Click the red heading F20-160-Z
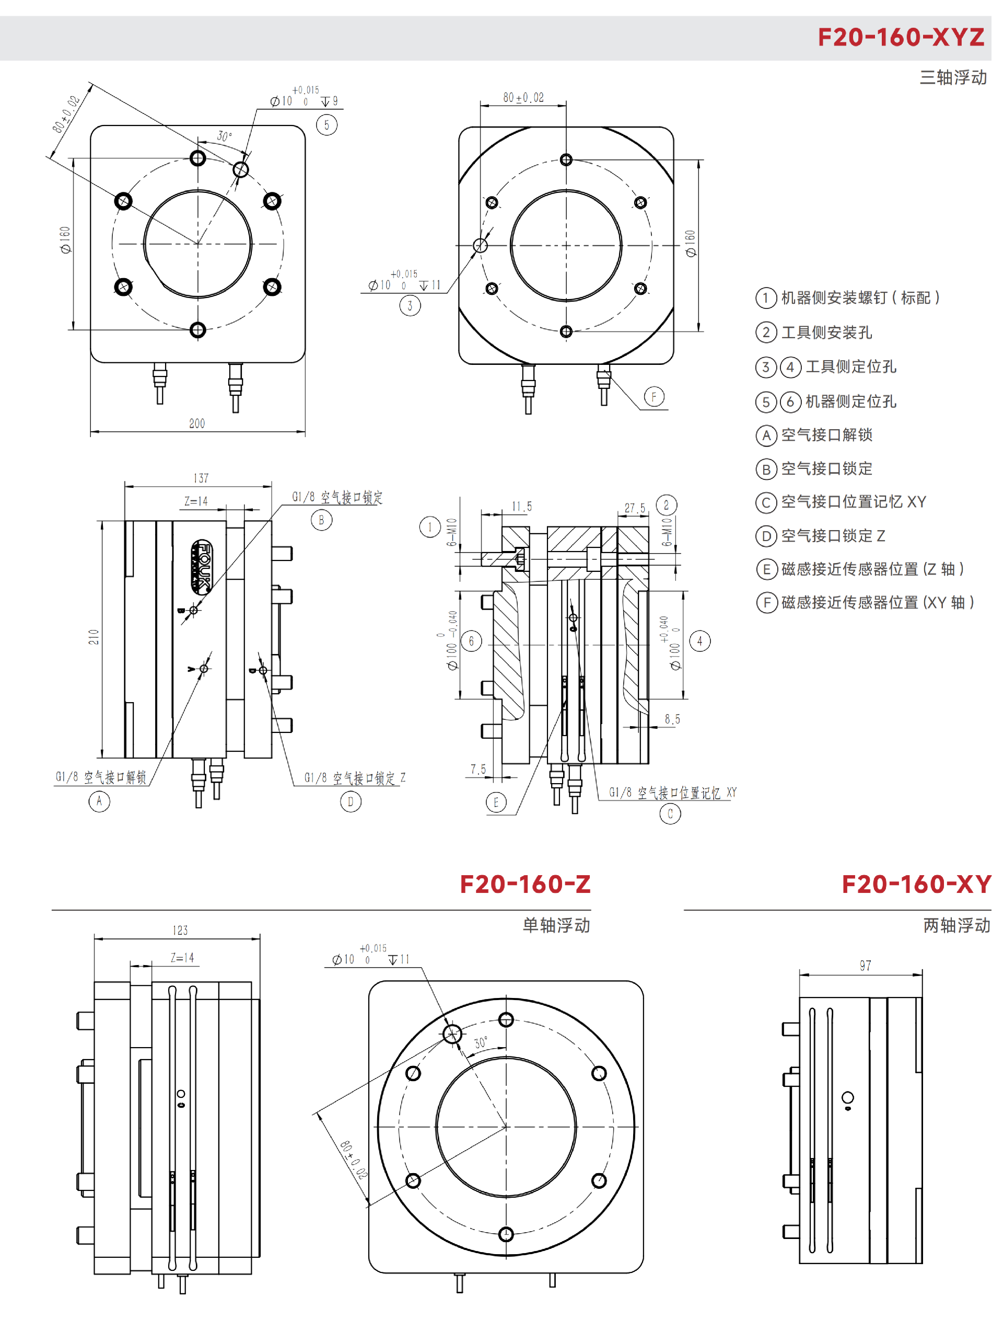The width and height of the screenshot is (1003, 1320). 525,884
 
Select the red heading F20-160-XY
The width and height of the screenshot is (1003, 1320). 916,884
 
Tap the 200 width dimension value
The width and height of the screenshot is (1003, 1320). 197,423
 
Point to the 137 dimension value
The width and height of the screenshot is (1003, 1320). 201,478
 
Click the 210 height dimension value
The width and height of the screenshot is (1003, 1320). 94,637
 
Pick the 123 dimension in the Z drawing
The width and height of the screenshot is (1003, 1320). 180,930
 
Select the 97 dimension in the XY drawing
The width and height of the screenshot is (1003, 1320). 865,966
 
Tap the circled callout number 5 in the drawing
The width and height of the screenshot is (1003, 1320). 326,125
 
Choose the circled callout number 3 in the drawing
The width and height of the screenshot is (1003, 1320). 410,306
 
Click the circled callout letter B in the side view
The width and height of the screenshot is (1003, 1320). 321,520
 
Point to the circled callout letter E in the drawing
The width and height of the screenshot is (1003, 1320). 496,802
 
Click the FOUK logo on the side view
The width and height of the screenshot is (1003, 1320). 201,567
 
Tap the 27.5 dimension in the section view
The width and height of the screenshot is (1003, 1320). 635,508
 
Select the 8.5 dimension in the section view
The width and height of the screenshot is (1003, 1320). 672,719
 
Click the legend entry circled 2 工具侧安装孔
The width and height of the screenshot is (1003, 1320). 814,332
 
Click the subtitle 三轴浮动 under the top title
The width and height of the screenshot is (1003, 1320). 953,78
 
